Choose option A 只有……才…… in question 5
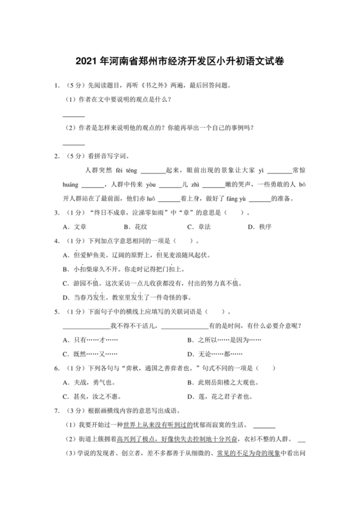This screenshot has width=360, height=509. tap(90, 339)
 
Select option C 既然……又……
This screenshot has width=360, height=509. tap(90, 353)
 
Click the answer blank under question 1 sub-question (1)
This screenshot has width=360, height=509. tap(74, 115)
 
